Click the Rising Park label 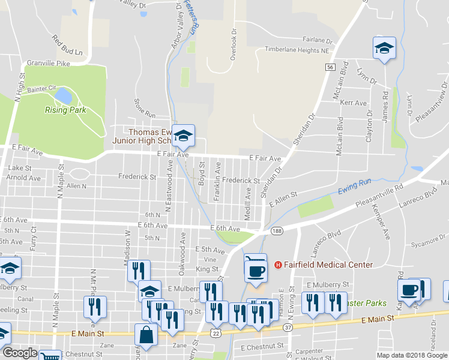(x=65, y=110)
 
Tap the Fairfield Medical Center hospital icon (x=278, y=265)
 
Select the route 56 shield (x=331, y=68)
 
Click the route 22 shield (x=215, y=332)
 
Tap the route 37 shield (x=289, y=327)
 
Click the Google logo (x=19, y=353)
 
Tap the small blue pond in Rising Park (x=62, y=95)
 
